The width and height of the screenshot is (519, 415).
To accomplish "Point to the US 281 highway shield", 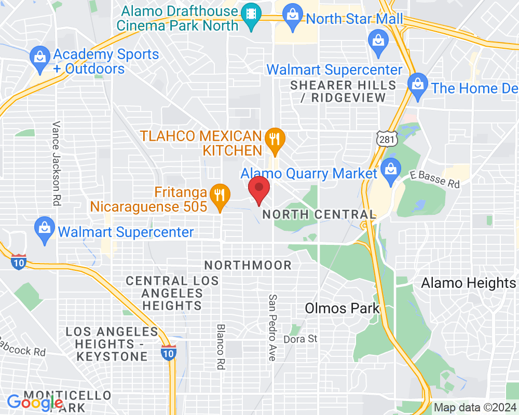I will pyautogui.click(x=387, y=137).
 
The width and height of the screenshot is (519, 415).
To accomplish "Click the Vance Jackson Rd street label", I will pyautogui.click(x=56, y=164).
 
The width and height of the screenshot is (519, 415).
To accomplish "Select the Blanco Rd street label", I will pyautogui.click(x=221, y=347).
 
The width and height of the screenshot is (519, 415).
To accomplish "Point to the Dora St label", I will pyautogui.click(x=300, y=339).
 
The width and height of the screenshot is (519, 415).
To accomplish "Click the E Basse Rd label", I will pyautogui.click(x=435, y=179).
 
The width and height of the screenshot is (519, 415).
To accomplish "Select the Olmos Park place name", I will pyautogui.click(x=342, y=308).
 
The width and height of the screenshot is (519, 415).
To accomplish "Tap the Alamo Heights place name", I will pyautogui.click(x=468, y=283).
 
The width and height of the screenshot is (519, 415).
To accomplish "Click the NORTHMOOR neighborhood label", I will pyautogui.click(x=248, y=265).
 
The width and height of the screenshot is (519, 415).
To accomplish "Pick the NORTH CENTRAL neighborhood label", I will pyautogui.click(x=319, y=214).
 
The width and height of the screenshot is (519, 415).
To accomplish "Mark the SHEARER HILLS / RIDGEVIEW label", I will pyautogui.click(x=343, y=91).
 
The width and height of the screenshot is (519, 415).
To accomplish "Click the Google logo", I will pyautogui.click(x=35, y=402).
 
